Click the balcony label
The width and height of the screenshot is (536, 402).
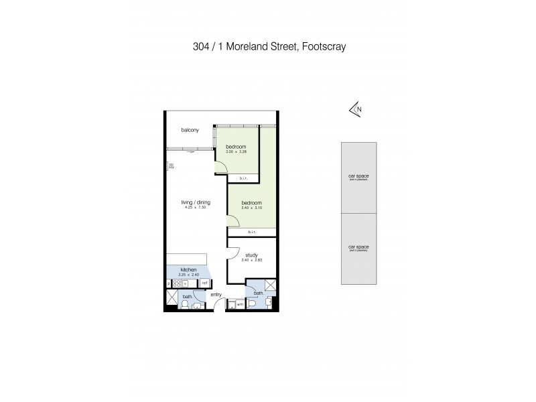point(190,130)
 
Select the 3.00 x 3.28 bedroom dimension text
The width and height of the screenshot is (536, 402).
point(236,152)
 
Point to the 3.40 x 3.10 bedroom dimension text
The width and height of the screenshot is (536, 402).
point(251,207)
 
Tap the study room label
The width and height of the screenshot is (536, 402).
point(251,255)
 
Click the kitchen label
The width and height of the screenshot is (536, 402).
point(188,269)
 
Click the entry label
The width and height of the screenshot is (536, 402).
point(215,294)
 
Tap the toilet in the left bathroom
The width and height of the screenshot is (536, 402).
point(184,305)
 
